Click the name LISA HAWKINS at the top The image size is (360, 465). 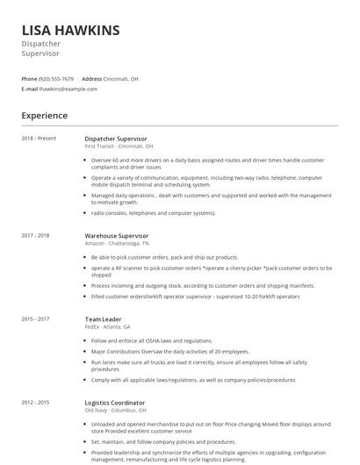coord(70,30)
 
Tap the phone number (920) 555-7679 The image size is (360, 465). coord(57,78)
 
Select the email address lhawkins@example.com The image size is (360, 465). coord(68,89)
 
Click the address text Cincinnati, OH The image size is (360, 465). coord(121,78)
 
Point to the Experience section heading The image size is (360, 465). coord(44,115)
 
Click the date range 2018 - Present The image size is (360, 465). coord(39,139)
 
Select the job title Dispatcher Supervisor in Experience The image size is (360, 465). coord(115,139)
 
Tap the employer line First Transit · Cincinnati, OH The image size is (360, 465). coord(119,147)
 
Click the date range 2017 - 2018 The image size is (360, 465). coord(35,236)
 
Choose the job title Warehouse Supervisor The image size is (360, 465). coord(117,236)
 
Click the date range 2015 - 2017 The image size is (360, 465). coord(35,318)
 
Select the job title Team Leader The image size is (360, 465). coord(104,318)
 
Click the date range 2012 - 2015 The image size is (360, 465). coord(35,402)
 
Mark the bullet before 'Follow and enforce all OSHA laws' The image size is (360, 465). coord(86,340)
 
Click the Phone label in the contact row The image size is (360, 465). coord(30,78)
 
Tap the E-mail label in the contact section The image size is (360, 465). coord(30,89)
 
